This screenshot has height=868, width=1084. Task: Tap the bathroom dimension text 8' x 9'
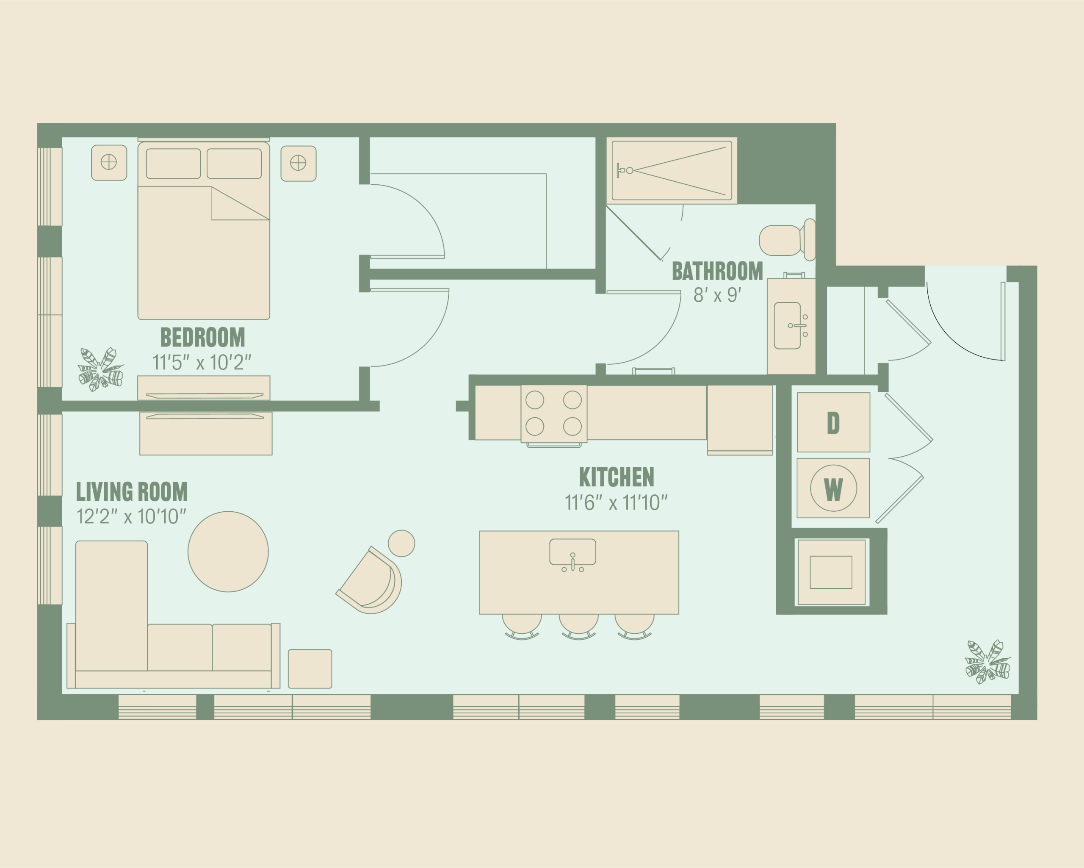point(717,295)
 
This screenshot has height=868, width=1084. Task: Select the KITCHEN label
point(617,477)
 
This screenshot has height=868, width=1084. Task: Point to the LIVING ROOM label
point(132,491)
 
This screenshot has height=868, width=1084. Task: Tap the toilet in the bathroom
point(787,240)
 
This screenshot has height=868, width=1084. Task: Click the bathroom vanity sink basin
point(787,326)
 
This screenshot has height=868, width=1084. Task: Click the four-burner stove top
point(553,414)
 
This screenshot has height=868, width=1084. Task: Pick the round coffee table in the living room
point(228,552)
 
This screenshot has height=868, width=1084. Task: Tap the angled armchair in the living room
point(370,580)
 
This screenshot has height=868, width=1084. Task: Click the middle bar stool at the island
point(579,627)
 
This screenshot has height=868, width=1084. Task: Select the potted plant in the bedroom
point(100,369)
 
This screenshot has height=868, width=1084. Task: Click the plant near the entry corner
point(987,662)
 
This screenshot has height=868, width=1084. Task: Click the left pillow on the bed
point(174,164)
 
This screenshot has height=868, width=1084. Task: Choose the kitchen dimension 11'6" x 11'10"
point(616,502)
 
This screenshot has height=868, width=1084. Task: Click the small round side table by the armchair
point(402,543)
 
